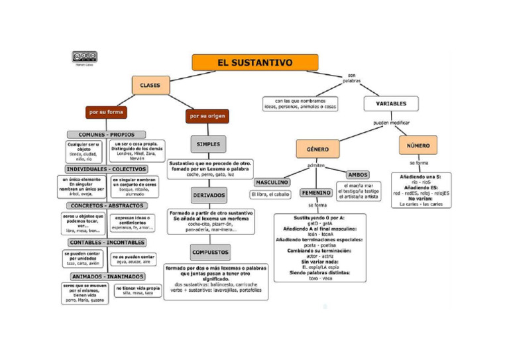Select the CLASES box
click(150, 85)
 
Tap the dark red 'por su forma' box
click(106, 112)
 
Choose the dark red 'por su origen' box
click(207, 116)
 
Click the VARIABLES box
click(391, 103)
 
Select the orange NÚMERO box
click(418, 145)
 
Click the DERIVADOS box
click(209, 196)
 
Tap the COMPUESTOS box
click(210, 252)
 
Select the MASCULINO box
click(272, 182)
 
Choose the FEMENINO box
click(316, 192)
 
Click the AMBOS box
click(358, 174)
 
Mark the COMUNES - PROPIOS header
click(107, 135)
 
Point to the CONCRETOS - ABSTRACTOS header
click(107, 206)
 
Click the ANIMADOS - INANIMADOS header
click(107, 276)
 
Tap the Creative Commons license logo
click(84, 57)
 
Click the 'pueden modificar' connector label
click(391, 123)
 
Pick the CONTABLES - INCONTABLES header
click(107, 243)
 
